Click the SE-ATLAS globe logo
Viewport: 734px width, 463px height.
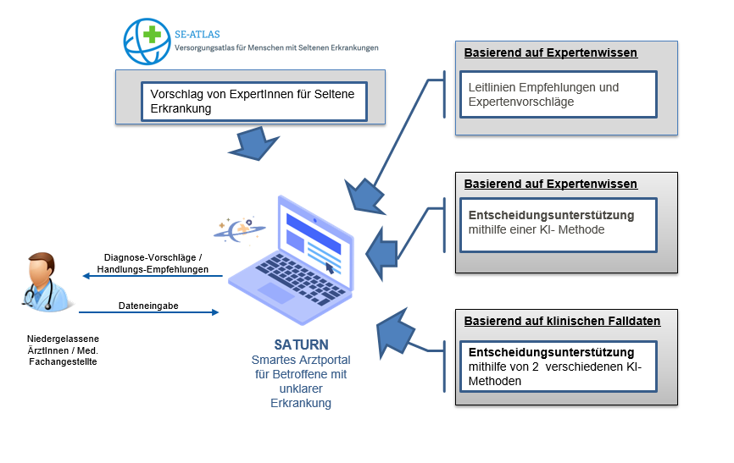tap(147, 41)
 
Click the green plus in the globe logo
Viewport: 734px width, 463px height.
tap(152, 34)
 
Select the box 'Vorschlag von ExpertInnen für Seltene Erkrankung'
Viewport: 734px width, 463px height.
tap(254, 102)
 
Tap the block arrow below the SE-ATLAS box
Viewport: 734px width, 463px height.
tap(253, 144)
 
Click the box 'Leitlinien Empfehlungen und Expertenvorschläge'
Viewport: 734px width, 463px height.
tap(559, 95)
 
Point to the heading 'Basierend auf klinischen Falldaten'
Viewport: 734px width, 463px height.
tap(562, 321)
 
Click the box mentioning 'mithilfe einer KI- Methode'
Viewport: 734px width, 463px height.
tap(559, 225)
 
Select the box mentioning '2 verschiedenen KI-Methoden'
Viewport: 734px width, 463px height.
tap(559, 367)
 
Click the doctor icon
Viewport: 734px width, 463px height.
tap(46, 282)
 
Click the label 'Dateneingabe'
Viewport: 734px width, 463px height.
tap(148, 306)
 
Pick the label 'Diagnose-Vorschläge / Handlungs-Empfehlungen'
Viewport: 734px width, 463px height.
tap(153, 263)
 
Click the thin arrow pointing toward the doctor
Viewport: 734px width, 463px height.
tap(153, 276)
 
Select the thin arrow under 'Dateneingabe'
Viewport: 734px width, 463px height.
tap(149, 312)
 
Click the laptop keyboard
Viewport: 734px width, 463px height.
tap(299, 278)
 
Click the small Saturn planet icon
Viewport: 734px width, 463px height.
tap(240, 229)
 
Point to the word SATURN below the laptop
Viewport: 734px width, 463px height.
tap(301, 344)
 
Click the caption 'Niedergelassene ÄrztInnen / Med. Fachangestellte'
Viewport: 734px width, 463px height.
tap(63, 350)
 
